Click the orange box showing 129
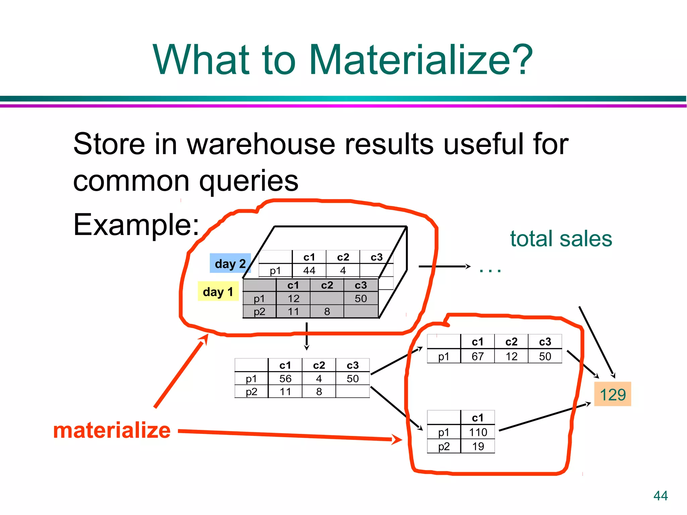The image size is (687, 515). click(x=612, y=394)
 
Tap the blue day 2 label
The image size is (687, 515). click(x=230, y=264)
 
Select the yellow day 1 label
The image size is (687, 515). click(x=218, y=292)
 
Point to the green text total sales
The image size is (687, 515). click(x=561, y=239)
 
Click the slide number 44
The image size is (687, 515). click(x=660, y=496)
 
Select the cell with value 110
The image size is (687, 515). click(x=478, y=432)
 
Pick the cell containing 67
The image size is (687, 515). click(x=477, y=356)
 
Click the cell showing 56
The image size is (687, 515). click(x=285, y=379)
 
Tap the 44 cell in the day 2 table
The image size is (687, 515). click(x=309, y=270)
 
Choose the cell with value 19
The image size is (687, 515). click(x=478, y=446)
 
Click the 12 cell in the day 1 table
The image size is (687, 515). click(x=293, y=298)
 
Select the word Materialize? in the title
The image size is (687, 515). click(x=421, y=60)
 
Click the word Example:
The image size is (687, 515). click(x=136, y=225)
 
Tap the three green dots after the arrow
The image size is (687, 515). click(x=490, y=270)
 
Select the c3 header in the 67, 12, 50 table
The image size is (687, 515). click(x=545, y=342)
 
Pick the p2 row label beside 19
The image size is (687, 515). click(x=443, y=446)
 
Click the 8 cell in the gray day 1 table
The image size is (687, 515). click(x=327, y=311)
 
